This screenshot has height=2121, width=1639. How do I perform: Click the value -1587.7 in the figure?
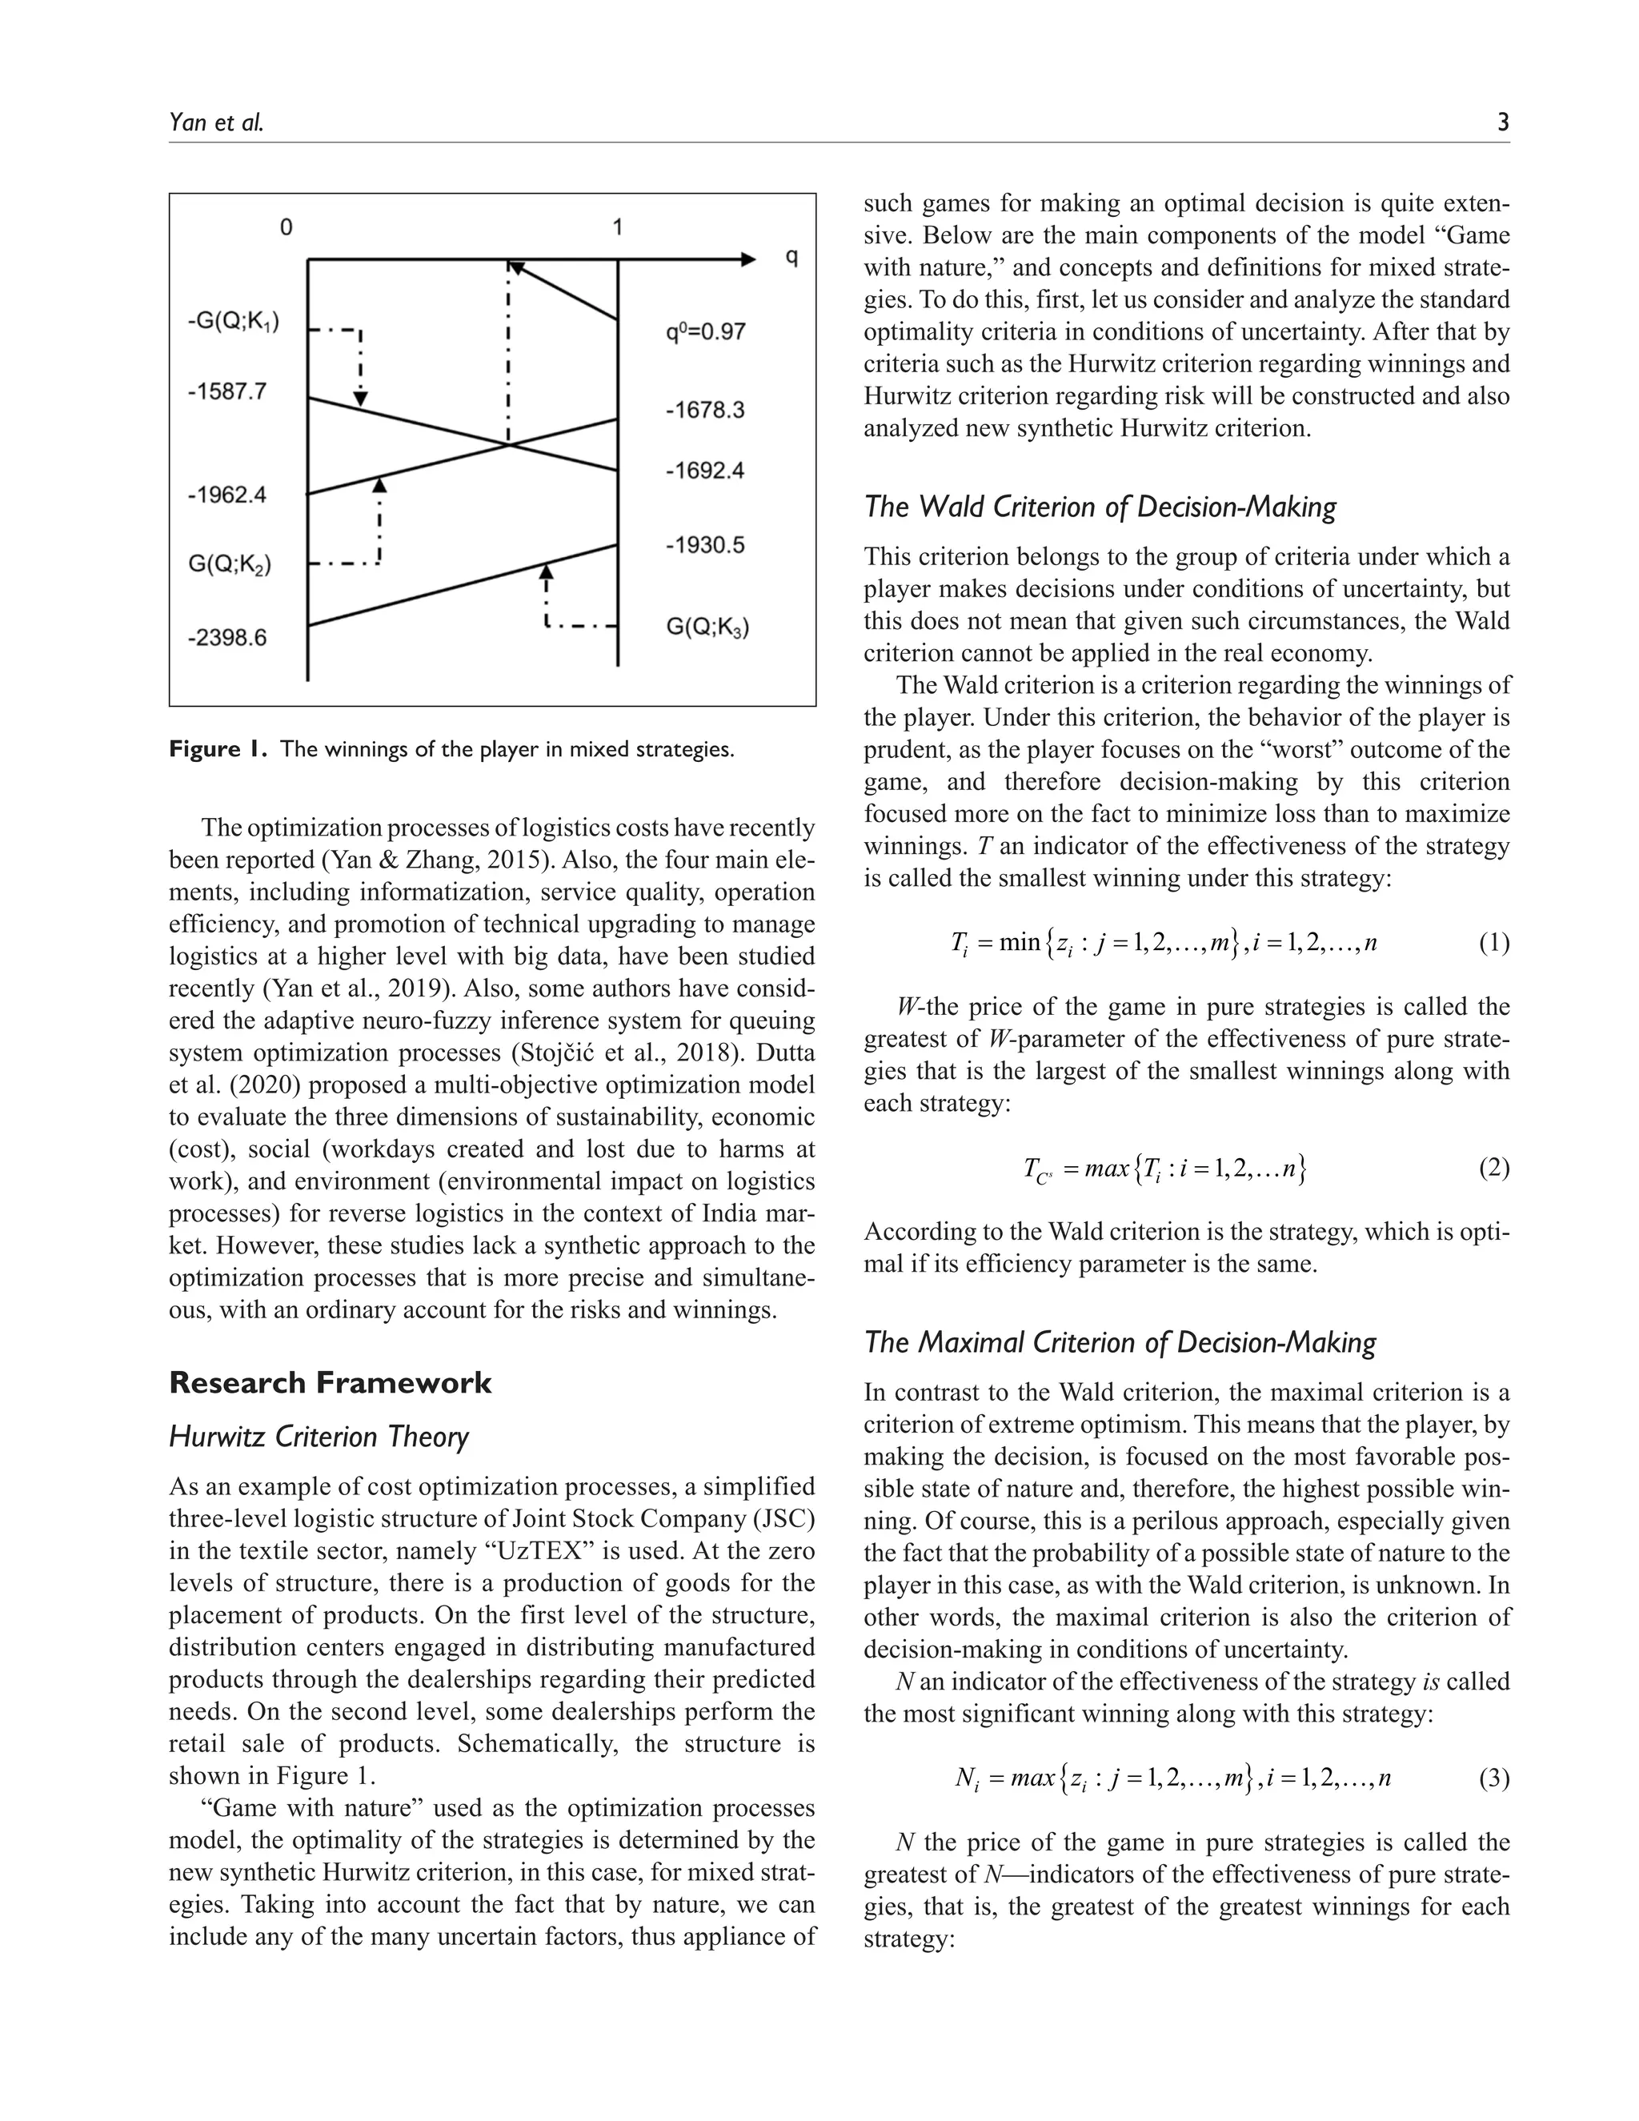pos(226,392)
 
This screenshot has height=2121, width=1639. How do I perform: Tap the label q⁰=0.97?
pos(705,332)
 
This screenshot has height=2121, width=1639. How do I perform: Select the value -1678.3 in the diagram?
pos(705,410)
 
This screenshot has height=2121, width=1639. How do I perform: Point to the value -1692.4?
pos(705,471)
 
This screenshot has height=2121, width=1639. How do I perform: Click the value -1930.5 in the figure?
pos(705,545)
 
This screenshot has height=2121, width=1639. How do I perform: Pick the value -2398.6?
pos(226,638)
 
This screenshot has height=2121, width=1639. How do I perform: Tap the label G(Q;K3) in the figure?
pos(707,627)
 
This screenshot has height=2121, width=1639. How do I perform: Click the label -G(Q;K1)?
pos(233,322)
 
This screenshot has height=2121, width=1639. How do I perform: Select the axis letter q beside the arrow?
pos(791,259)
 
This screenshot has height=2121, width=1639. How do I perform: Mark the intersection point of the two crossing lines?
pos(508,445)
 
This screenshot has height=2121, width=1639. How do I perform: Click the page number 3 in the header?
pos(1502,122)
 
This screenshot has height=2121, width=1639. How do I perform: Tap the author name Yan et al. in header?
pos(215,122)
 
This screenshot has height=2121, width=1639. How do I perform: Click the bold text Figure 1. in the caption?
pos(218,749)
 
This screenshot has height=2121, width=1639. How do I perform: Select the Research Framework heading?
pos(331,1382)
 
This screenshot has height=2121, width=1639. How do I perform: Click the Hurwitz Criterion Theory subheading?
pos(319,1437)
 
